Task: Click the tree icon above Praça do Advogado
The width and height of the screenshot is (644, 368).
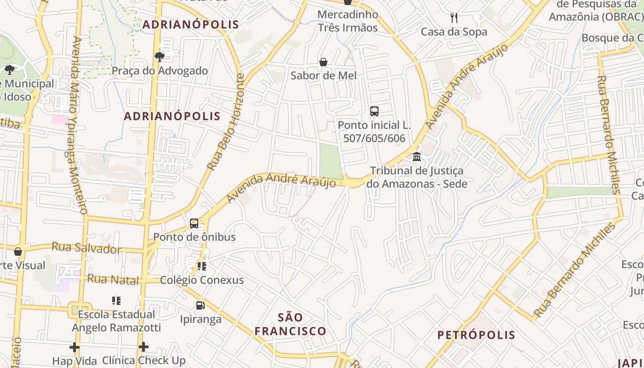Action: (x=160, y=57)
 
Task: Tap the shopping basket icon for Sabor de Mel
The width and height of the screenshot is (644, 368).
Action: (x=323, y=62)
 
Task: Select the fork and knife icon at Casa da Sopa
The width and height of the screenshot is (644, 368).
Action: (x=454, y=18)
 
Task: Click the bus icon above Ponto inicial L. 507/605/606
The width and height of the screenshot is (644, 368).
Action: (x=374, y=111)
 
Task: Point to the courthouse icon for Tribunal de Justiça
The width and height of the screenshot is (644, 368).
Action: (x=417, y=157)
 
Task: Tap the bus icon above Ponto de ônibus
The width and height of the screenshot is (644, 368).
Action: (x=194, y=224)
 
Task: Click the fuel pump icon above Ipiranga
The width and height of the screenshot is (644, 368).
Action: (x=200, y=305)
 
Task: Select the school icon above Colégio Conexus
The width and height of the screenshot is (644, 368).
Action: (x=201, y=266)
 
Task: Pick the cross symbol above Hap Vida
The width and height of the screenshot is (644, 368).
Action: (x=75, y=347)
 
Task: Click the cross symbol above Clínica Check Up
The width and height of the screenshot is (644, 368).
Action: (x=144, y=347)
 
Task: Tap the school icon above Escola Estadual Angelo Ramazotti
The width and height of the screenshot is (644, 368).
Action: (x=116, y=301)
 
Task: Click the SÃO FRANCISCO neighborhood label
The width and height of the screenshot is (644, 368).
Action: (x=291, y=324)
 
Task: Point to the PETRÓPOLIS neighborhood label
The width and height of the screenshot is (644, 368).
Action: (x=476, y=335)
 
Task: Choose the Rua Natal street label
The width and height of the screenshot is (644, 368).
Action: (x=113, y=279)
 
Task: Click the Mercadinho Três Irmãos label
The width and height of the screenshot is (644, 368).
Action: (x=348, y=21)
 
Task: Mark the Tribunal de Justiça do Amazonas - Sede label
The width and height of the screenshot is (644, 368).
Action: (x=417, y=177)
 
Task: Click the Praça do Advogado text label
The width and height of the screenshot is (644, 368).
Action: (x=160, y=71)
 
